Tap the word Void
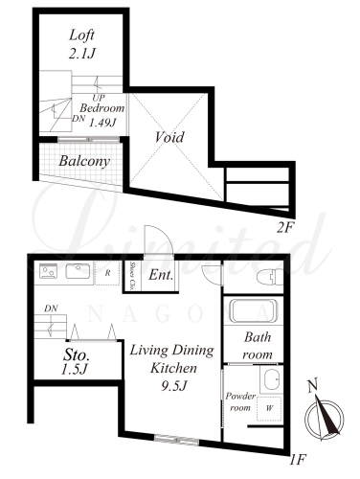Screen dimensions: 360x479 tap(169, 137)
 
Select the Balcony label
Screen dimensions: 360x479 tap(84, 161)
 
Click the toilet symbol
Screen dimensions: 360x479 tap(270, 277)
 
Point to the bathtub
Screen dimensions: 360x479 tap(254, 310)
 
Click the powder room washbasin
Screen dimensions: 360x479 tap(271, 379)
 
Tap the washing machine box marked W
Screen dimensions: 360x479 tap(269, 408)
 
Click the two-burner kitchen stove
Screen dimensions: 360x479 tap(48, 271)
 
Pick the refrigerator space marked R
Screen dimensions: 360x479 tap(107, 273)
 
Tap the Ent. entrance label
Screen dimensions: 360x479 tap(161, 275)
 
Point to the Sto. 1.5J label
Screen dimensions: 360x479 tap(76, 362)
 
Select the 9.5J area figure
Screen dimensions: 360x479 tap(173, 387)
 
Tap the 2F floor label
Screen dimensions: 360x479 tap(284, 228)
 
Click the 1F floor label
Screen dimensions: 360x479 tap(298, 460)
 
